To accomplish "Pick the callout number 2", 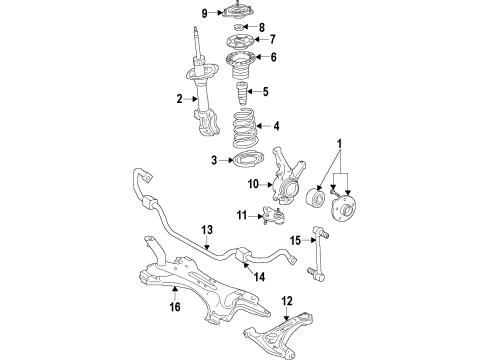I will [x=181, y=99].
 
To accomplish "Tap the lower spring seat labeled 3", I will [x=241, y=159].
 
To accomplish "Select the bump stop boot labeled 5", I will [x=243, y=95].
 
